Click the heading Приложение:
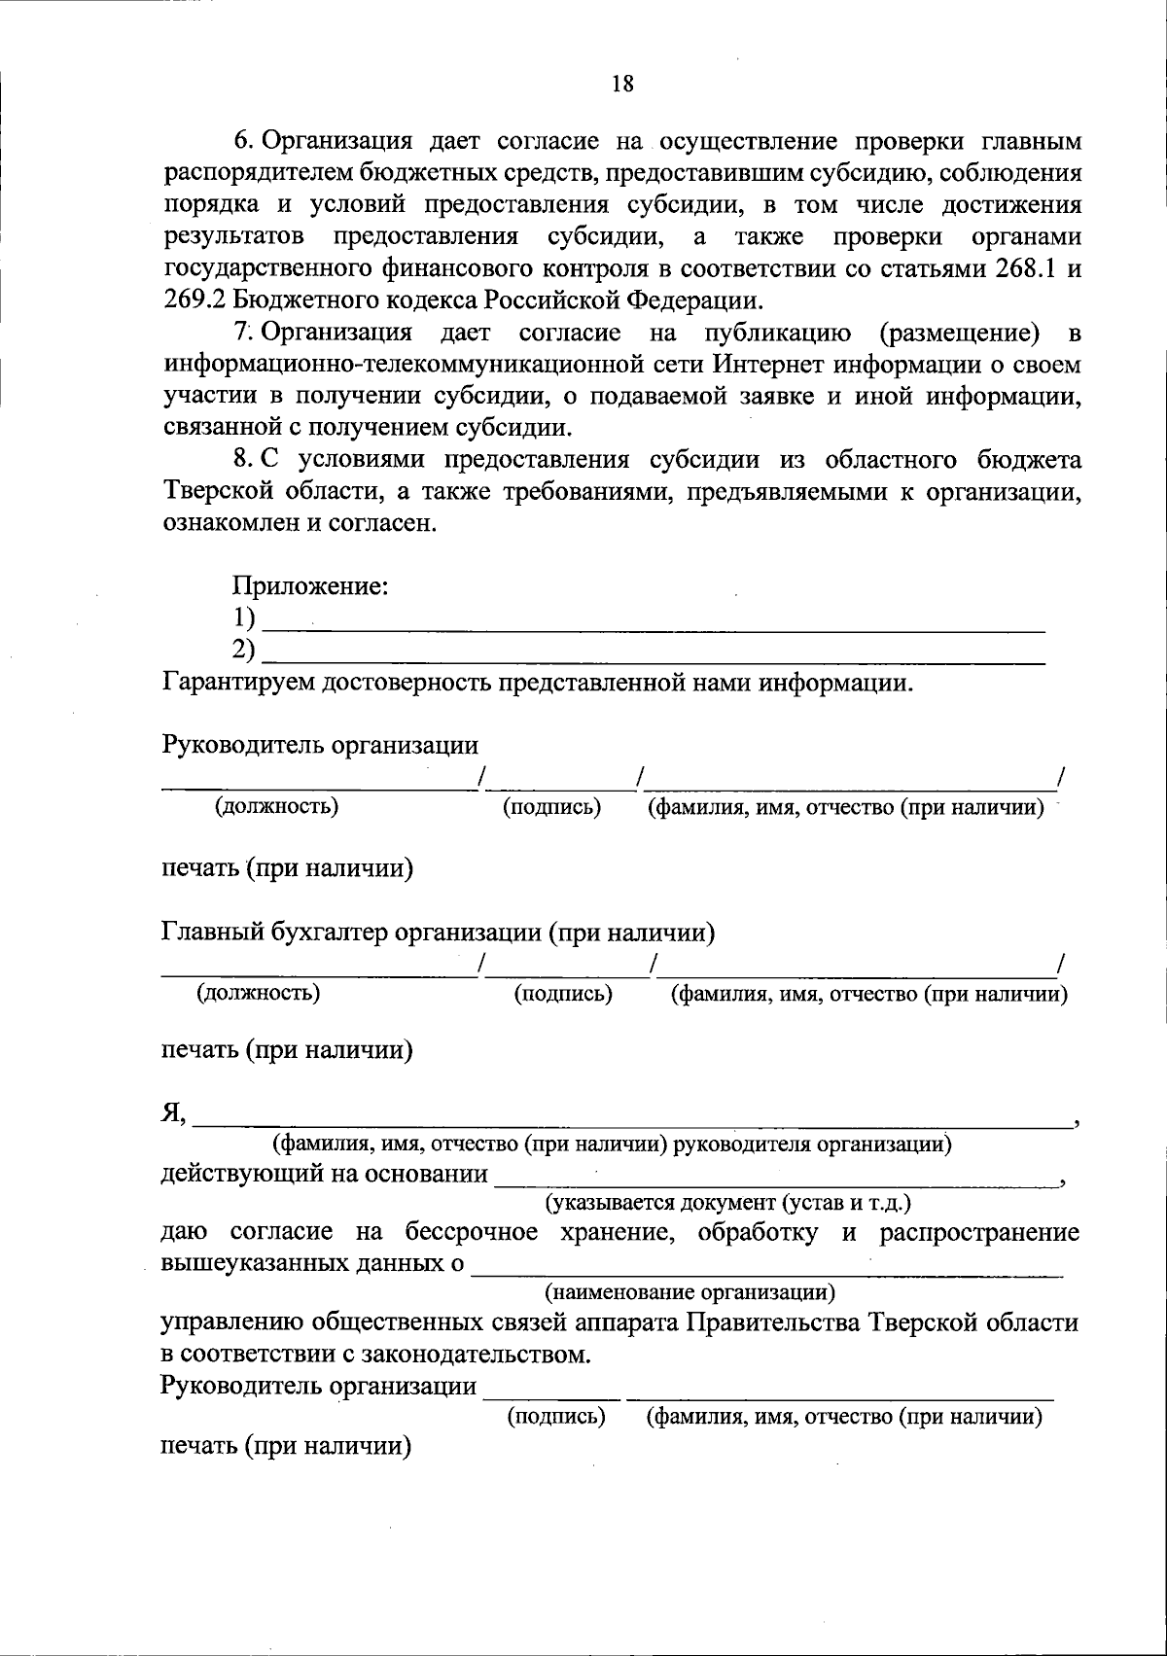pyautogui.click(x=310, y=586)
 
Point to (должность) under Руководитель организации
pyautogui.click(x=277, y=806)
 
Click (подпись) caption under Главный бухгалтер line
pyautogui.click(x=563, y=993)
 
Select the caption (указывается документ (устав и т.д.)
pyautogui.click(x=727, y=1202)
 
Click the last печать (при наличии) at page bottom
pyautogui.click(x=286, y=1446)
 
